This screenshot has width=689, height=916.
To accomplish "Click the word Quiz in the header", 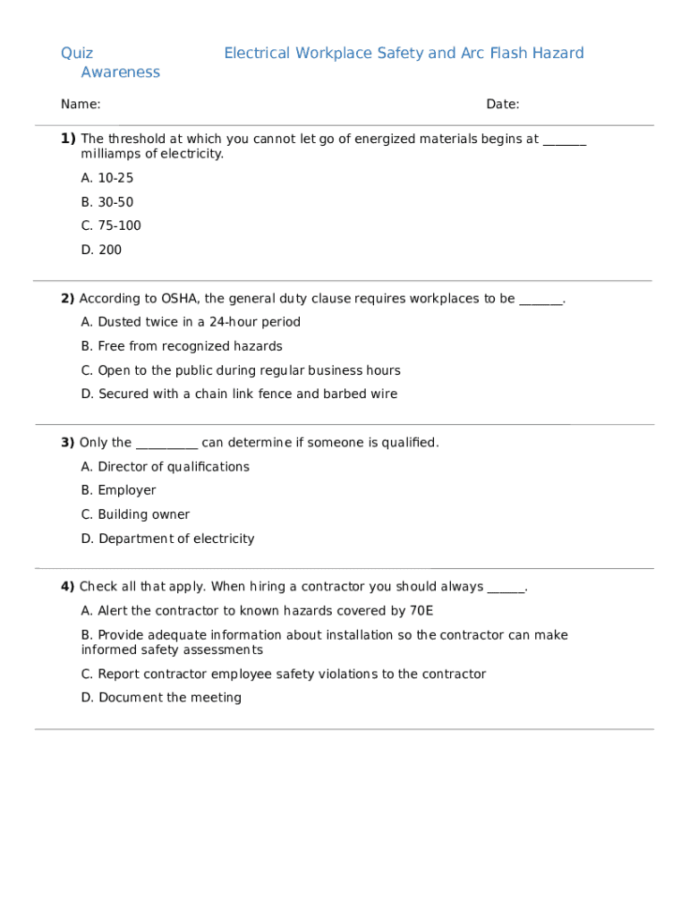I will pyautogui.click(x=77, y=54).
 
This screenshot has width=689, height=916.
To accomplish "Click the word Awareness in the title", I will pyautogui.click(x=120, y=72).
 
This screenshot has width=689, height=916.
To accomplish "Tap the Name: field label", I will pyautogui.click(x=81, y=105).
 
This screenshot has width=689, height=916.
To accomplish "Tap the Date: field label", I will pyautogui.click(x=502, y=105).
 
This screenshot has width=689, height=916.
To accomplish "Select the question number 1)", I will pyautogui.click(x=68, y=139).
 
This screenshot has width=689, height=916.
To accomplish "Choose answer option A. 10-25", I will pyautogui.click(x=107, y=178).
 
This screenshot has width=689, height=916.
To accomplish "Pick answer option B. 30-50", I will pyautogui.click(x=107, y=202).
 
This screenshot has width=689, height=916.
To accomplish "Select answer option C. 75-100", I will pyautogui.click(x=111, y=225).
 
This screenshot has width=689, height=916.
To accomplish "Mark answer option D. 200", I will pyautogui.click(x=101, y=250).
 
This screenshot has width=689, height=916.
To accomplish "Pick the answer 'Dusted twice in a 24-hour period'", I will pyautogui.click(x=191, y=322).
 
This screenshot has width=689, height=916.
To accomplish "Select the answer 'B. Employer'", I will pyautogui.click(x=118, y=490).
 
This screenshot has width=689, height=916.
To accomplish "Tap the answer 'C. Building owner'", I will pyautogui.click(x=135, y=514).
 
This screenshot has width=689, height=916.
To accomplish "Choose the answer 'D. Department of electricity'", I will pyautogui.click(x=167, y=539).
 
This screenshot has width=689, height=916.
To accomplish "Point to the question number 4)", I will pyautogui.click(x=68, y=587).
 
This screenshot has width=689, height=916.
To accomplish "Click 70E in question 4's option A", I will pyautogui.click(x=421, y=611).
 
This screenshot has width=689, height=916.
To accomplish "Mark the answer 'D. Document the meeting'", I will pyautogui.click(x=161, y=698).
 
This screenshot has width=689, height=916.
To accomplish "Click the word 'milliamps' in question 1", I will pyautogui.click(x=109, y=154).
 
